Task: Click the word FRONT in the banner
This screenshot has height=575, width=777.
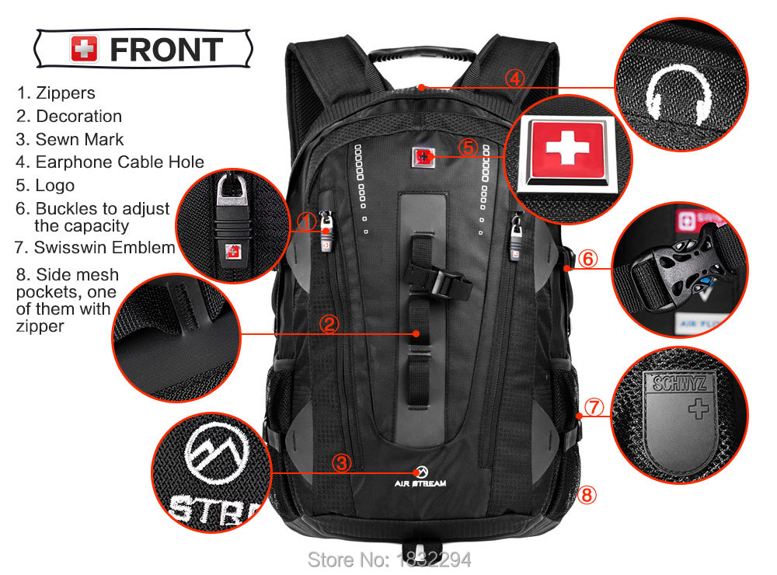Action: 166,50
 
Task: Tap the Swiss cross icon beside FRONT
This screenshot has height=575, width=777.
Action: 84,49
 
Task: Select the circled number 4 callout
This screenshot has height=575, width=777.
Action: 515,78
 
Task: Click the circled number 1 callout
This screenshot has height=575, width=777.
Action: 307,221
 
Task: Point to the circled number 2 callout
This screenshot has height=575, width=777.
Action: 329,324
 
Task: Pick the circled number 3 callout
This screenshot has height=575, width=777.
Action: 341,463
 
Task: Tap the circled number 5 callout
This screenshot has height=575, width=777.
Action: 469,148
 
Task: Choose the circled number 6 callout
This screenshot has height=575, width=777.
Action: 587,259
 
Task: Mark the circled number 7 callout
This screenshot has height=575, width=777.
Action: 594,407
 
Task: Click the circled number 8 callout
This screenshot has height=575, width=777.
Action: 587,495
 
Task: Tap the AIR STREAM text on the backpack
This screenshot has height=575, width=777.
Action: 420,483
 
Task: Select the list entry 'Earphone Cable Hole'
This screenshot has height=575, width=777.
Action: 110,162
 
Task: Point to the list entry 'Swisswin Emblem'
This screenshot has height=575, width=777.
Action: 95,247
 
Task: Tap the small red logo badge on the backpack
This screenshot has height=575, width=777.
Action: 422,157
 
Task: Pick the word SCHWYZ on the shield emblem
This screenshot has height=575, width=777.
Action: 679,383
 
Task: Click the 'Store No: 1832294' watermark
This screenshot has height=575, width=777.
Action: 389,559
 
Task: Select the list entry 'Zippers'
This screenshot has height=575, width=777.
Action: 56,92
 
